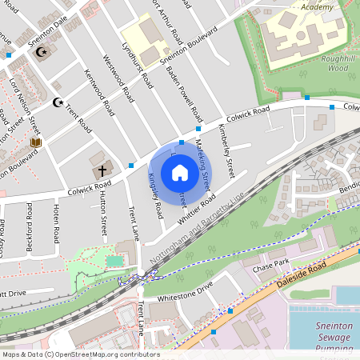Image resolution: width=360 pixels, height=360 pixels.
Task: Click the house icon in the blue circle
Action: tap(180, 172)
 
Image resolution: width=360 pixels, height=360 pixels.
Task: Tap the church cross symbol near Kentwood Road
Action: tap(102, 170)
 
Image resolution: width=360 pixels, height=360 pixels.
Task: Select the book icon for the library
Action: tap(34, 142)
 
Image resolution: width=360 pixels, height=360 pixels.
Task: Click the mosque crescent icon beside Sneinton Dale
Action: tap(42, 53)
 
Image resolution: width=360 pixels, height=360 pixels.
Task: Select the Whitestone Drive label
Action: tap(186, 291)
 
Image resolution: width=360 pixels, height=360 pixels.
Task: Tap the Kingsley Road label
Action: tap(156, 196)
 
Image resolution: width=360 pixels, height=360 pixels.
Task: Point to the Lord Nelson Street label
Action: tap(23, 105)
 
